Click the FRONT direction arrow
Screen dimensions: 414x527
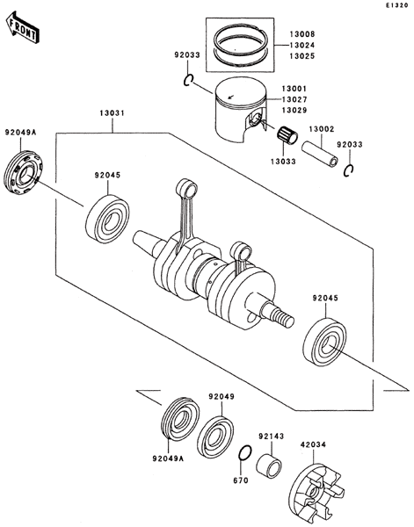[x=23, y=27]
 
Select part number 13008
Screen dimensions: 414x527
[x=302, y=34]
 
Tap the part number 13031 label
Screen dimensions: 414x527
[x=112, y=113]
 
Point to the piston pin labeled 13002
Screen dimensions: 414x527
[x=319, y=153]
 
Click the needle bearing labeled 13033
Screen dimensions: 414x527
[x=287, y=135]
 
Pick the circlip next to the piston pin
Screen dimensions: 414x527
[x=348, y=170]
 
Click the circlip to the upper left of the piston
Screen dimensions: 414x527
[x=188, y=80]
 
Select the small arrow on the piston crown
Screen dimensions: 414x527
[x=230, y=97]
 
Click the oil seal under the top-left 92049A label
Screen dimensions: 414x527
[x=25, y=173]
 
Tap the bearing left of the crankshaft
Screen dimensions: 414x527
[x=107, y=219]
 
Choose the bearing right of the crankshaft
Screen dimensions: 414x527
[x=325, y=342]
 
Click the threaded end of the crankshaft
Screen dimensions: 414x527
[x=282, y=317]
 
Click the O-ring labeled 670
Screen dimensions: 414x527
[x=244, y=453]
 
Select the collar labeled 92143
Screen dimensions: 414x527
[x=269, y=466]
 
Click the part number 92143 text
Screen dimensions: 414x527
[x=272, y=437]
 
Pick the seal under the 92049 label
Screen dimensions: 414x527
[x=215, y=437]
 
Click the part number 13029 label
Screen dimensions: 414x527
[x=294, y=111]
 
